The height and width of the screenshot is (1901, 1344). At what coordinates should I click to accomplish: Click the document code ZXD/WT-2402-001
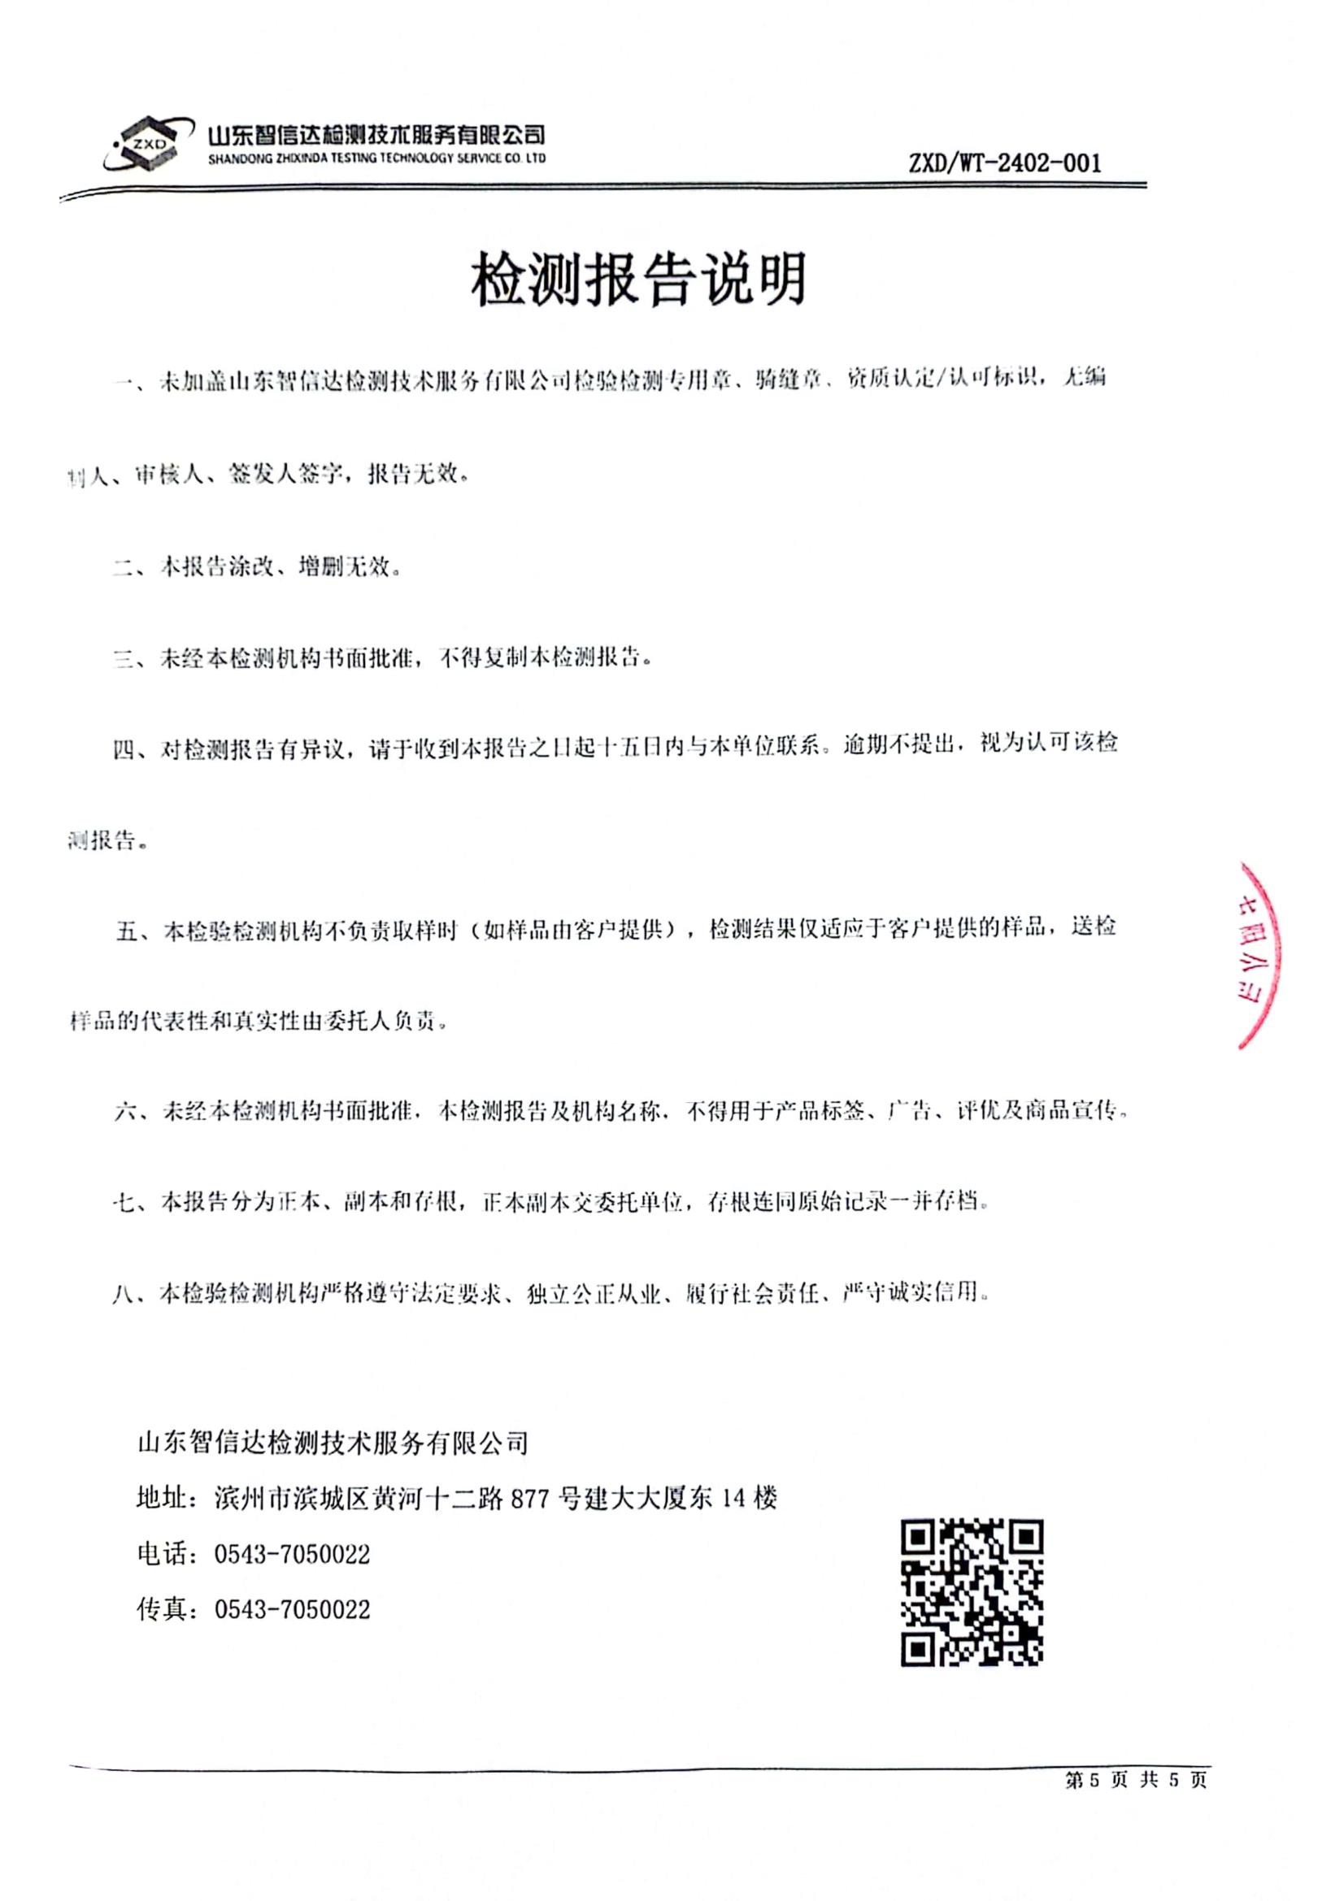(1004, 163)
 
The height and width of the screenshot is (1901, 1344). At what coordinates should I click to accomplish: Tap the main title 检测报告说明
(638, 278)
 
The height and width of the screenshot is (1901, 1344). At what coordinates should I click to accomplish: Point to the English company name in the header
(376, 158)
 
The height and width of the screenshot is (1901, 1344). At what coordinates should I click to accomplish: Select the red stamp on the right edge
(1257, 955)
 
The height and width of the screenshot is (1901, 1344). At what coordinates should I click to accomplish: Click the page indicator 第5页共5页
(1135, 1778)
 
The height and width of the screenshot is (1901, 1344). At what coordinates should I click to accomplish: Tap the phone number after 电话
(292, 1554)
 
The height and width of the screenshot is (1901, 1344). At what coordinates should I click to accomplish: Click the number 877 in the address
(532, 1499)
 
